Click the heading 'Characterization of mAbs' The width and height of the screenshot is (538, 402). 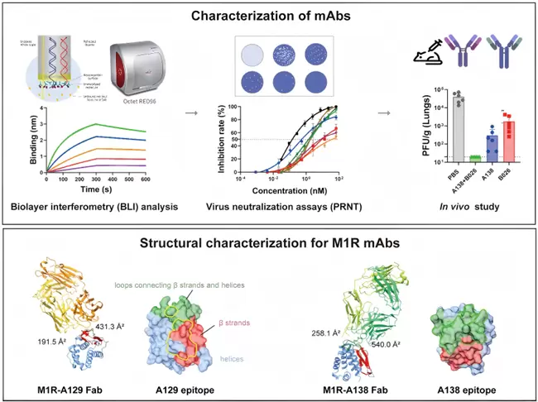268,15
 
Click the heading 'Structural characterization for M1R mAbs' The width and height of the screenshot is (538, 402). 268,243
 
